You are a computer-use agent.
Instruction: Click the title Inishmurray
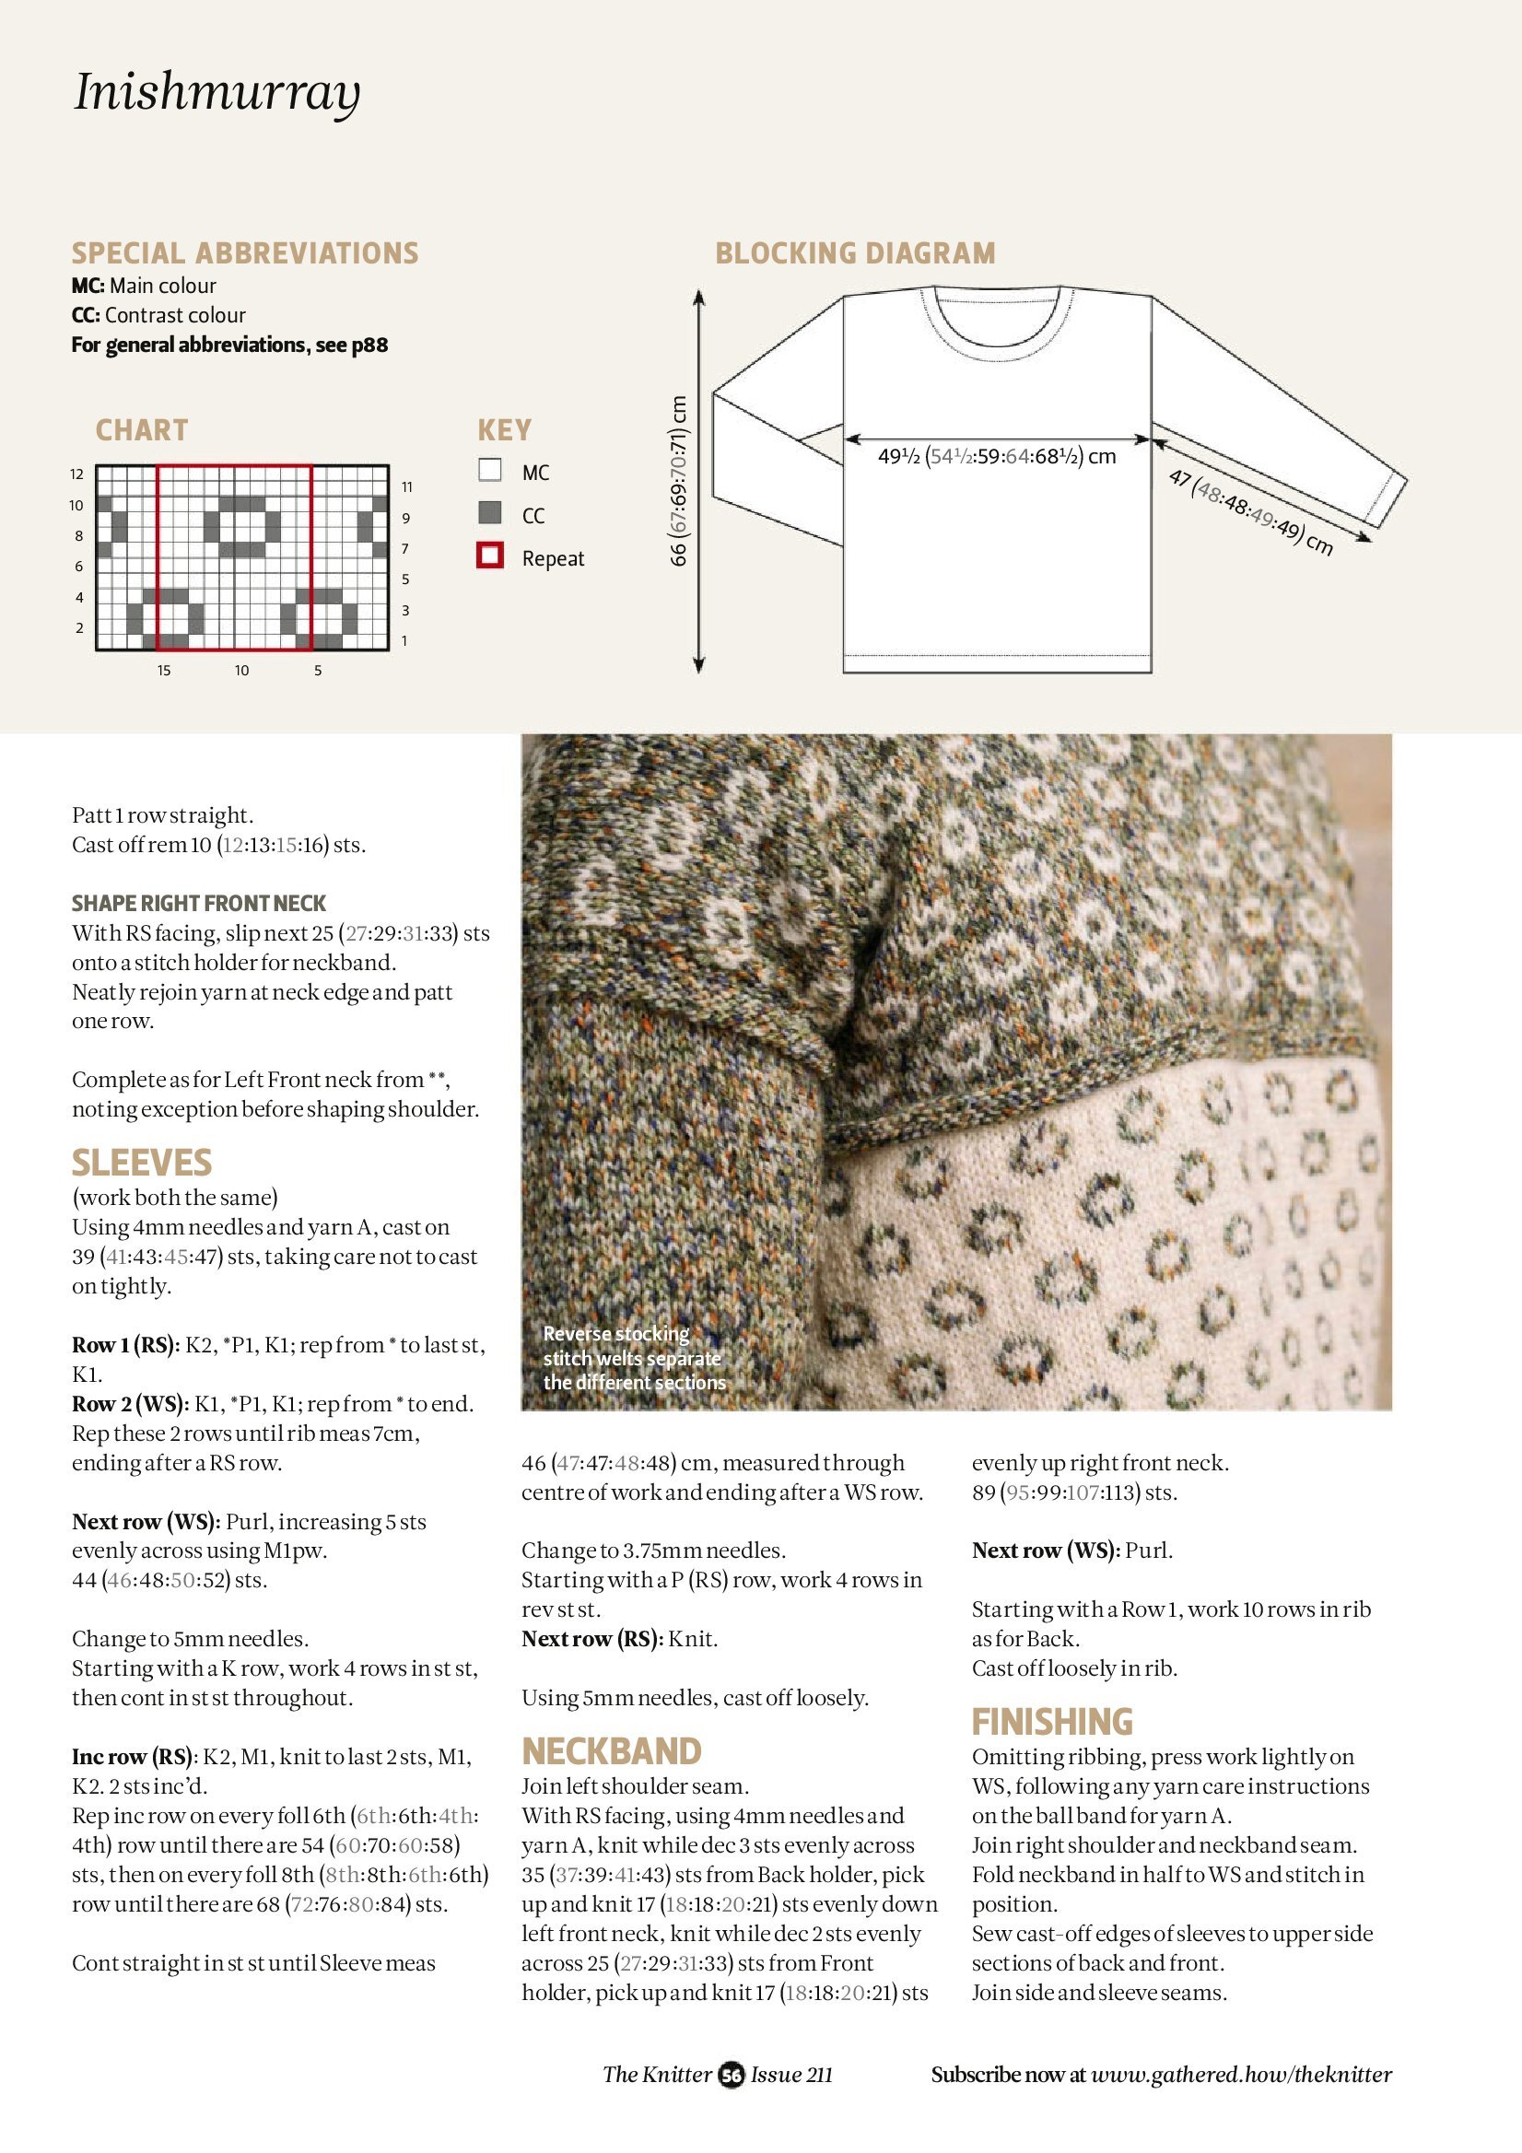(x=217, y=92)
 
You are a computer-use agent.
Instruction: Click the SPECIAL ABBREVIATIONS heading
(x=245, y=253)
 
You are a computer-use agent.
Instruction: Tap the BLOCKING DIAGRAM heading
(x=854, y=253)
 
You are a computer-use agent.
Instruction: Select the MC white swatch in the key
(x=489, y=470)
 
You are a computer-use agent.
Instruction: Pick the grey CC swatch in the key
(x=489, y=513)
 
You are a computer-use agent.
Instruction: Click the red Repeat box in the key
(x=489, y=556)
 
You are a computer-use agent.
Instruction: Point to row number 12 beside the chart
(x=76, y=474)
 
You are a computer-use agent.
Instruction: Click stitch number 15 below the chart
(x=164, y=671)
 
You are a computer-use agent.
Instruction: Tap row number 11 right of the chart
(x=407, y=486)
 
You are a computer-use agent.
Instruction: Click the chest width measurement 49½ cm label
(x=996, y=457)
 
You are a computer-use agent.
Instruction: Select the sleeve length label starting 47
(x=1250, y=512)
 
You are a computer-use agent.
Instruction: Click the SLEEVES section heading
(x=142, y=1163)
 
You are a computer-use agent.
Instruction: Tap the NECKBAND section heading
(x=612, y=1751)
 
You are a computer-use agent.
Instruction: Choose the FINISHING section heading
(x=1052, y=1722)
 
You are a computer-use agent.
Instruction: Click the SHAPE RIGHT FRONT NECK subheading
(x=199, y=903)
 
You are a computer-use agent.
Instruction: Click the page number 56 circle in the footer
(x=731, y=2075)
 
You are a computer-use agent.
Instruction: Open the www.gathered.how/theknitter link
(x=1241, y=2075)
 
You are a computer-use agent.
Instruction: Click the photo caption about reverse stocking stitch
(x=634, y=1358)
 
